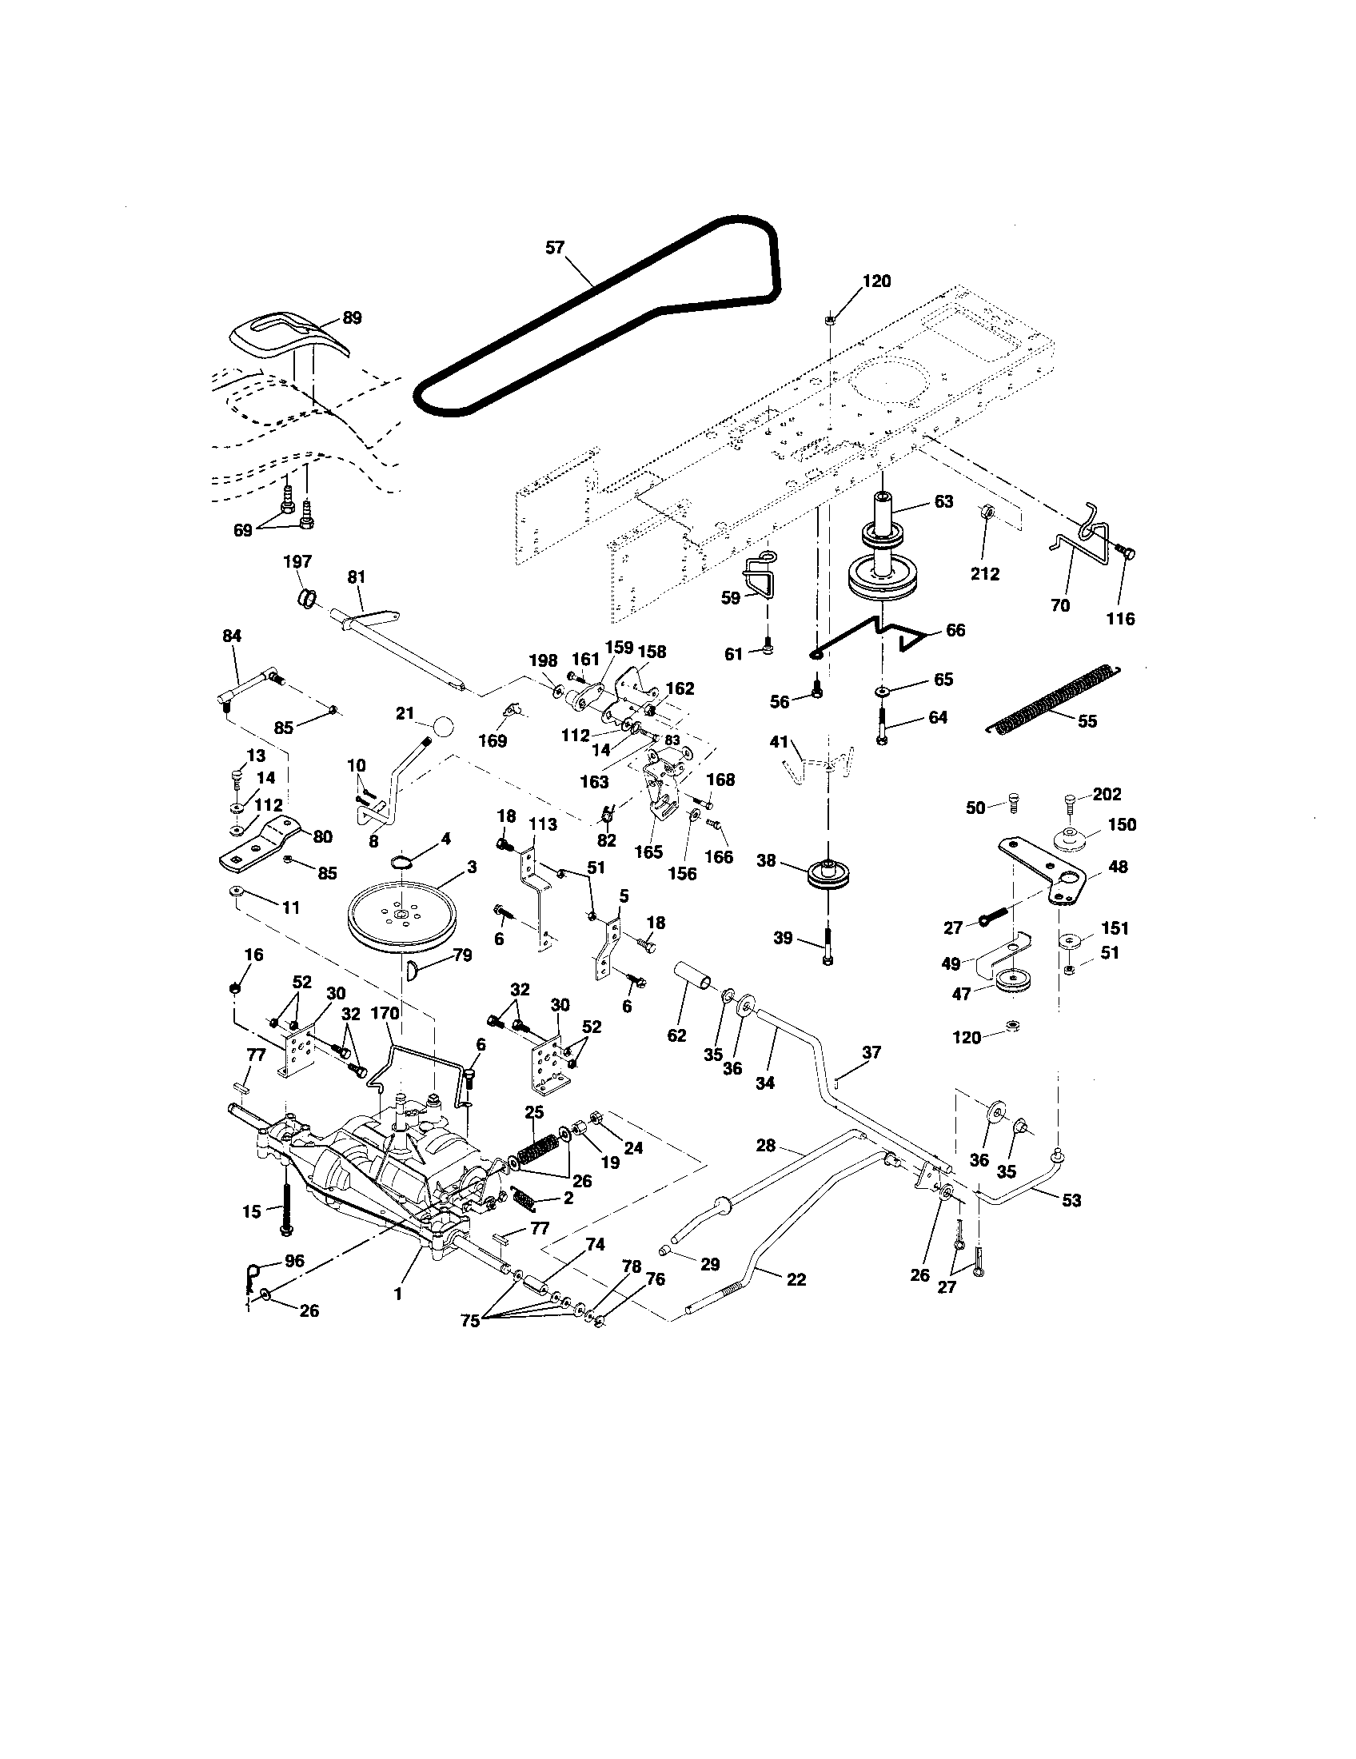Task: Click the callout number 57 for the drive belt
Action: click(555, 247)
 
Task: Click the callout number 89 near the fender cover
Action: click(352, 317)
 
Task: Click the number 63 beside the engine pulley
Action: click(943, 501)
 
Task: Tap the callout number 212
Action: click(985, 573)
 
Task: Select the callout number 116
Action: click(1121, 619)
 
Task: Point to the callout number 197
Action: click(297, 561)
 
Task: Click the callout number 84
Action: click(231, 636)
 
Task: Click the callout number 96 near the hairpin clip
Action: click(295, 1260)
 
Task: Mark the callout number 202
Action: click(1107, 794)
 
